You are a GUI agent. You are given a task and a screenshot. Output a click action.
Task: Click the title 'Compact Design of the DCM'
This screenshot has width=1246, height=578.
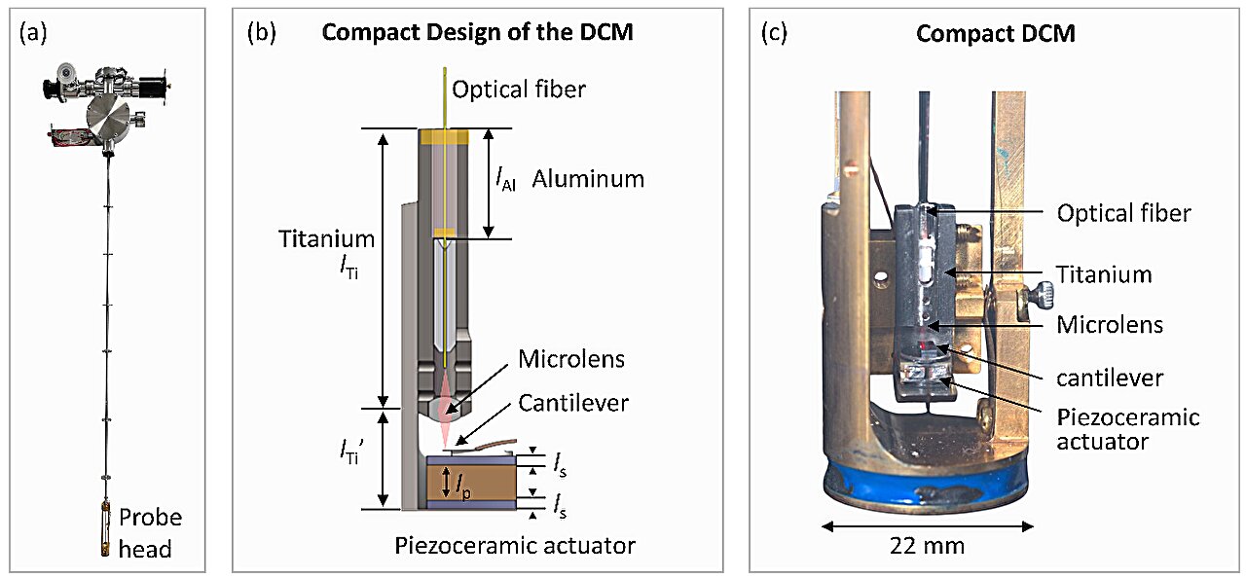pyautogui.click(x=477, y=32)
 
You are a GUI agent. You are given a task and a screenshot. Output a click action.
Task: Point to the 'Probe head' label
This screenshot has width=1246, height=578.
pyautogui.click(x=150, y=532)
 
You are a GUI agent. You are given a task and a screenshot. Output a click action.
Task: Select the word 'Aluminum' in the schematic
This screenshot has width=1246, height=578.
pyautogui.click(x=588, y=179)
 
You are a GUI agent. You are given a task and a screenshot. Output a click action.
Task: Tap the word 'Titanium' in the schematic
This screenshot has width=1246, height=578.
pyautogui.click(x=326, y=238)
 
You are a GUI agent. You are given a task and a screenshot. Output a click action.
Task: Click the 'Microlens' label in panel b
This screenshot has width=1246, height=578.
pyautogui.click(x=570, y=359)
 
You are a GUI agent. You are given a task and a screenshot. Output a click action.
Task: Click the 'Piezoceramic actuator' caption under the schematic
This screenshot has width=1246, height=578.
pyautogui.click(x=514, y=545)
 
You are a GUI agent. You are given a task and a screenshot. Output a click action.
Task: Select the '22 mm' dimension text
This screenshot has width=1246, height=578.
pyautogui.click(x=926, y=546)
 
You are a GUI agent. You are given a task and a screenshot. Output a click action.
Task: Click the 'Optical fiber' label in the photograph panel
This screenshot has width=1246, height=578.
pyautogui.click(x=1123, y=212)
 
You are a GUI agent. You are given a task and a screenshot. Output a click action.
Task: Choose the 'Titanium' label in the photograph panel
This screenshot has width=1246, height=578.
pyautogui.click(x=1104, y=274)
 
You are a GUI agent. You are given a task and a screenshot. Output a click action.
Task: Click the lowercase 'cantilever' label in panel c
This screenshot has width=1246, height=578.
pyautogui.click(x=1103, y=376)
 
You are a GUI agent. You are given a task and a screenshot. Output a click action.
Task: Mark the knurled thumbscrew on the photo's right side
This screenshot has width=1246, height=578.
pyautogui.click(x=1038, y=290)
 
